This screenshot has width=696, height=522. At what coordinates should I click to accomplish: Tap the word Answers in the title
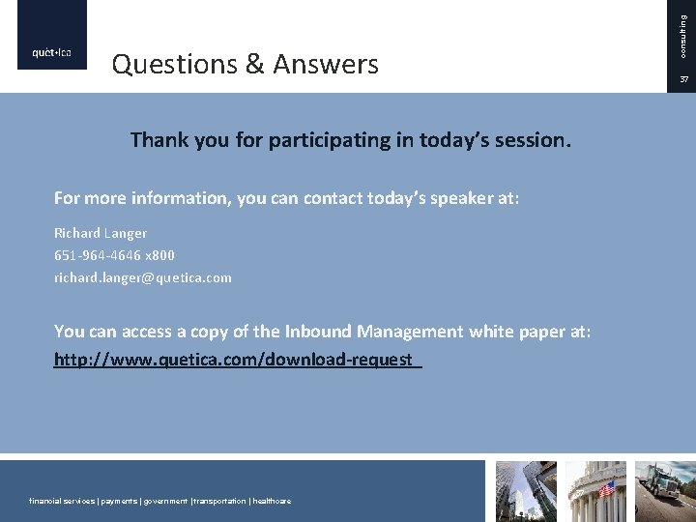(x=326, y=65)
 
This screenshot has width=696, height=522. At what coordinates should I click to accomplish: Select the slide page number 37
(x=682, y=78)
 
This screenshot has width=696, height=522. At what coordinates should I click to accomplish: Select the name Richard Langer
(x=101, y=233)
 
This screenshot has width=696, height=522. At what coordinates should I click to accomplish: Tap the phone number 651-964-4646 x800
(x=114, y=255)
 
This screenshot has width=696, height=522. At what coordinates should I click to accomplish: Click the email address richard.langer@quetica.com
(x=143, y=277)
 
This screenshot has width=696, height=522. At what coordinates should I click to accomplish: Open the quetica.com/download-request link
(x=238, y=361)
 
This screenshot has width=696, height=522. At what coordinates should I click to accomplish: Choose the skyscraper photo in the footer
(x=526, y=491)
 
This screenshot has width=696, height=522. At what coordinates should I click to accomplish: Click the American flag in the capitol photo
(x=607, y=490)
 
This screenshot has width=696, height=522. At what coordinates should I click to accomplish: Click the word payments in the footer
(x=115, y=501)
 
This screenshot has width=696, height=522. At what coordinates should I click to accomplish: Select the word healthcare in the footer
(x=272, y=501)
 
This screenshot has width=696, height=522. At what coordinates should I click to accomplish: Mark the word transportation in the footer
(x=220, y=501)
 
